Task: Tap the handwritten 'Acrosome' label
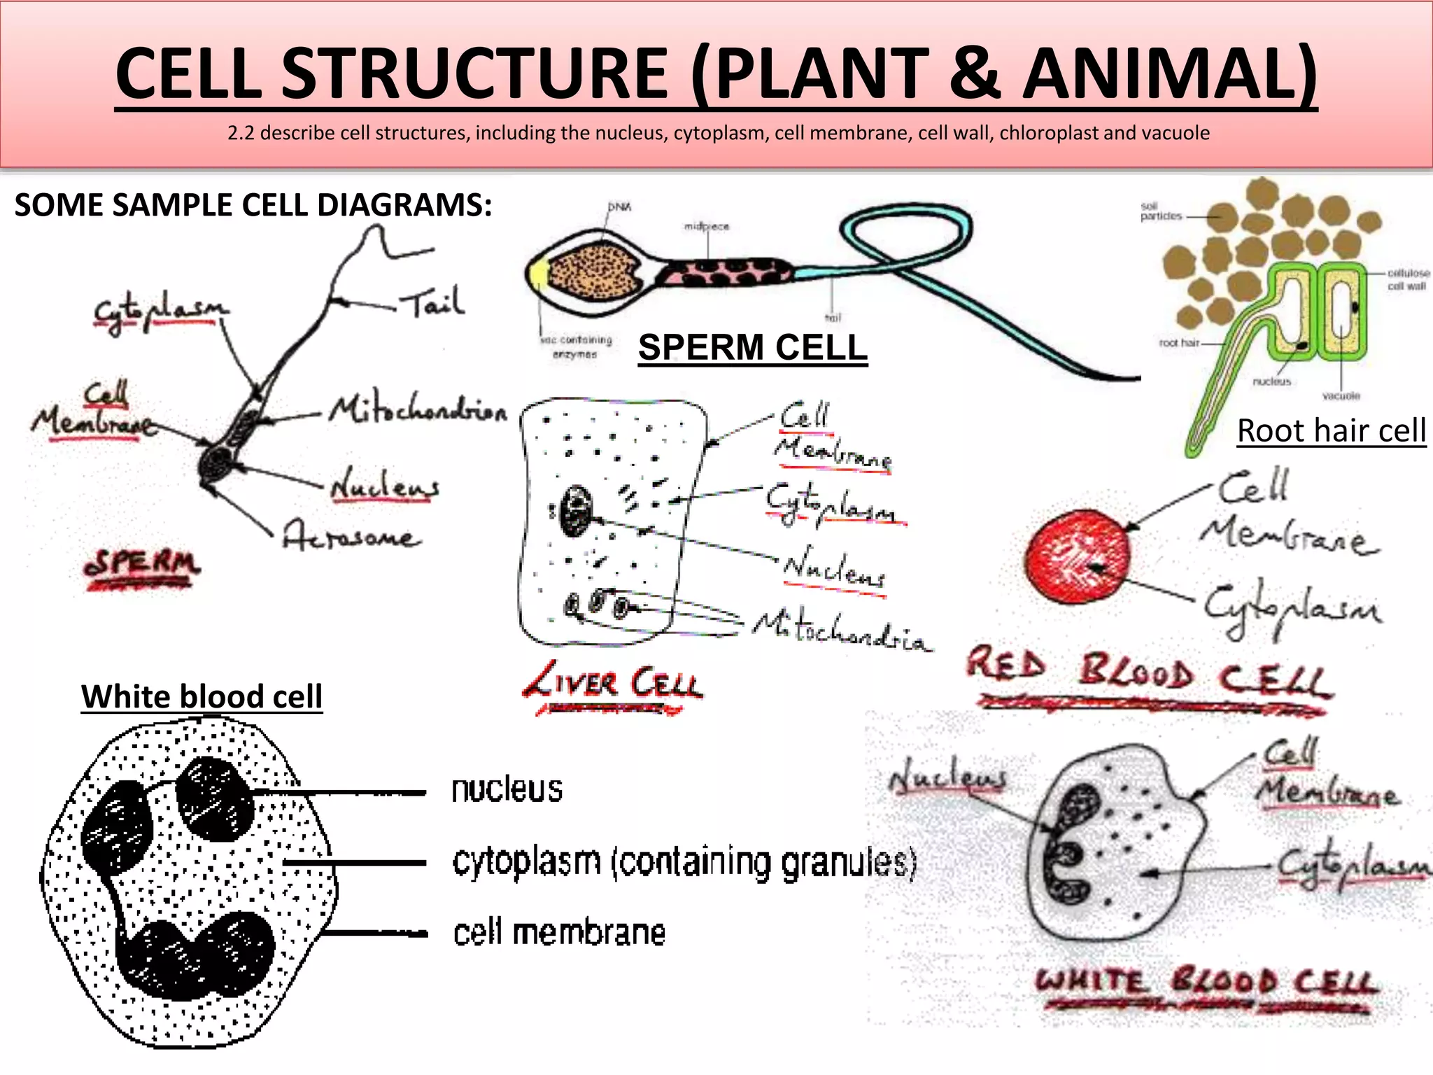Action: [351, 537]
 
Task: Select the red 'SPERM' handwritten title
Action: [142, 564]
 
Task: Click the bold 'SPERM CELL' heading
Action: [752, 348]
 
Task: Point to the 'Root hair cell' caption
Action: [1331, 430]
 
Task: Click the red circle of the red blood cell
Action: [1076, 556]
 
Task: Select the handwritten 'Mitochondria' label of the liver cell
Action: [841, 631]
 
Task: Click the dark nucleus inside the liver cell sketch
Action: [577, 512]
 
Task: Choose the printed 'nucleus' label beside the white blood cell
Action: [507, 790]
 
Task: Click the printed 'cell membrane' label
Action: [559, 933]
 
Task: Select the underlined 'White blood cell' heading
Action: [202, 696]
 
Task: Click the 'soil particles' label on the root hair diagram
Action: [1160, 211]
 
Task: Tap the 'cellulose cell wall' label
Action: [1408, 279]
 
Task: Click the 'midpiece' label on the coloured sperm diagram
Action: [707, 227]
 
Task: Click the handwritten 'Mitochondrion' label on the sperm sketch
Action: [418, 409]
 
